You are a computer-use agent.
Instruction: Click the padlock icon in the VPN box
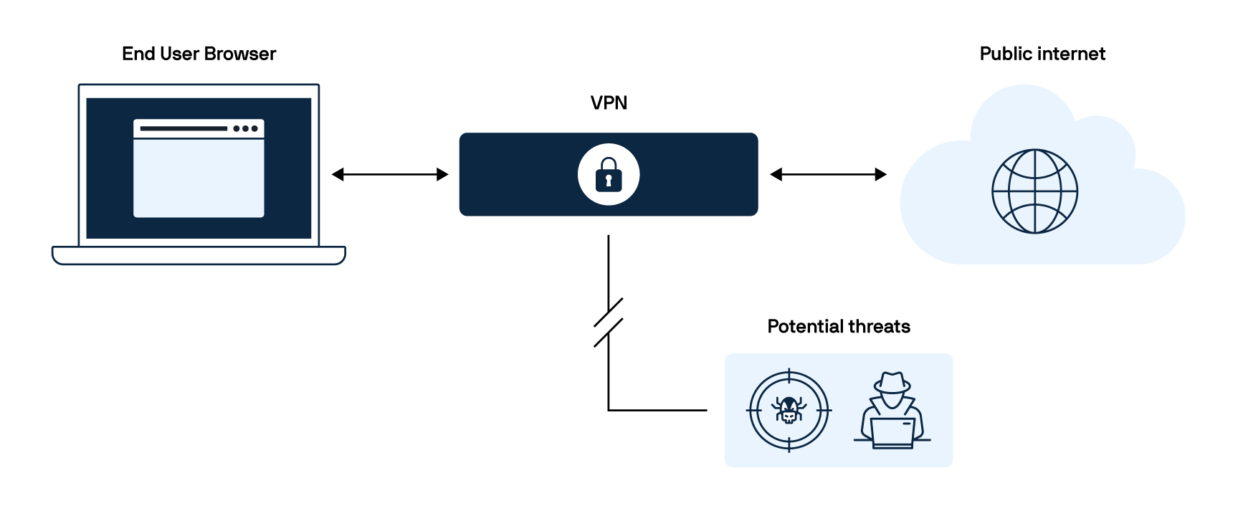click(x=609, y=175)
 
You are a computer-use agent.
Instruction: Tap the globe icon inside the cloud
click(x=1034, y=191)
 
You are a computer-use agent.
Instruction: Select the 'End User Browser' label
click(x=199, y=54)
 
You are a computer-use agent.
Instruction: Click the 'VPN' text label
click(x=609, y=103)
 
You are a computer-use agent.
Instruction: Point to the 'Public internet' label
click(x=1042, y=54)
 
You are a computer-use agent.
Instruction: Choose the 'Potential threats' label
click(x=839, y=327)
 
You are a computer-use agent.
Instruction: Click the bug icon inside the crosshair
click(x=789, y=411)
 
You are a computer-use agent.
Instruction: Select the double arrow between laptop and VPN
click(x=390, y=174)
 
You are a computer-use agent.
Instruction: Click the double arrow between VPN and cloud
click(x=828, y=174)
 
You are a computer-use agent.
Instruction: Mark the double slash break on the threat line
click(x=608, y=323)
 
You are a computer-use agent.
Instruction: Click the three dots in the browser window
click(x=245, y=129)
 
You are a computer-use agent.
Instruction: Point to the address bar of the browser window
click(x=184, y=129)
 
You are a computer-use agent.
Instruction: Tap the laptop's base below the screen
click(x=199, y=256)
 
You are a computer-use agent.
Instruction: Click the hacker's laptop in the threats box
click(x=892, y=432)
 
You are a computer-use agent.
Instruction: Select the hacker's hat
click(x=892, y=383)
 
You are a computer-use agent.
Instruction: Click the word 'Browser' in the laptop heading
click(x=240, y=54)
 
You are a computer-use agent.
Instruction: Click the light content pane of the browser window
click(x=199, y=178)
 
